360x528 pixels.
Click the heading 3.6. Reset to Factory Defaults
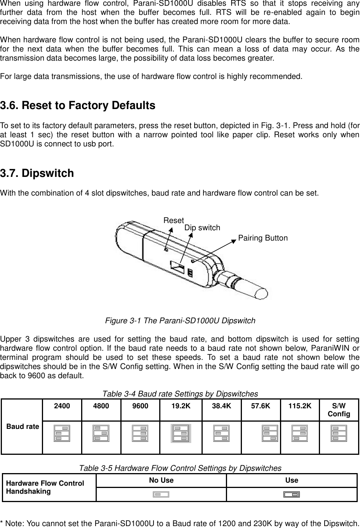pyautogui.click(x=78, y=106)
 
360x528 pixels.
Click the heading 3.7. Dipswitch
pyautogui.click(x=37, y=173)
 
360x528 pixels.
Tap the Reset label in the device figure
pyautogui.click(x=173, y=220)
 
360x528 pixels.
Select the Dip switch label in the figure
pyautogui.click(x=202, y=228)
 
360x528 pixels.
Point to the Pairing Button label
pyautogui.click(x=263, y=238)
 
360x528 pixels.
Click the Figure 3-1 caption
pyautogui.click(x=180, y=321)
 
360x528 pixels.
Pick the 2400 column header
pyautogui.click(x=62, y=406)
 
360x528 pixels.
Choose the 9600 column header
pyautogui.click(x=140, y=406)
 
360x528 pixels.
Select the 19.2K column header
pyautogui.click(x=181, y=406)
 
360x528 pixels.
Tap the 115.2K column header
pyautogui.click(x=300, y=406)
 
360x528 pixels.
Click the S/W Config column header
pyautogui.click(x=339, y=409)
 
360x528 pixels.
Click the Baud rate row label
pyautogui.click(x=22, y=426)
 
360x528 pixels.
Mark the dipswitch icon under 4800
pyautogui.click(x=101, y=433)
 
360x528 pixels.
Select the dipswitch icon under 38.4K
pyautogui.click(x=221, y=433)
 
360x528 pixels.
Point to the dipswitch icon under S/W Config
pyautogui.click(x=339, y=433)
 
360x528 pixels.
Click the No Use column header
pyautogui.click(x=161, y=480)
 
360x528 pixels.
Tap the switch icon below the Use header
pyautogui.click(x=292, y=495)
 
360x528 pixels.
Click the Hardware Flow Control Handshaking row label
pyautogui.click(x=45, y=487)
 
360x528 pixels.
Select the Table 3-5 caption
pyautogui.click(x=180, y=468)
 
